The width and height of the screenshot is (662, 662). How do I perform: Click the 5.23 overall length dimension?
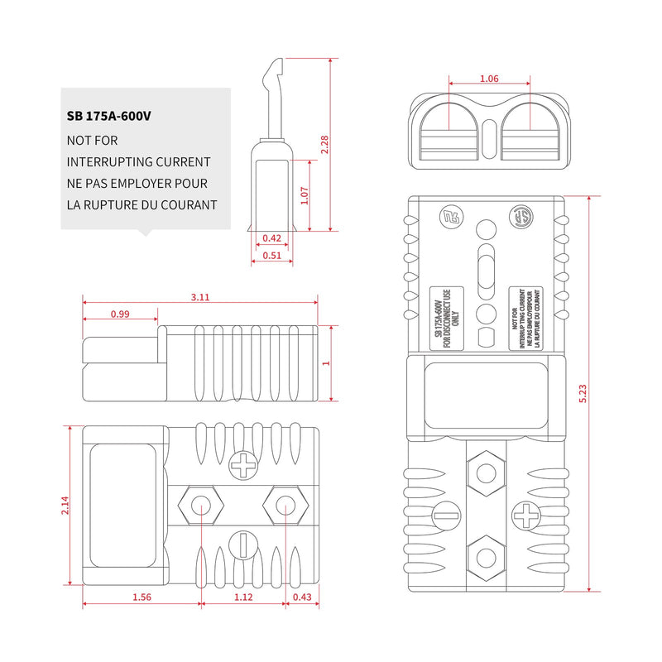[x=583, y=394]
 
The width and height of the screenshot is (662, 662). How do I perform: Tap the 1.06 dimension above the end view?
[x=489, y=79]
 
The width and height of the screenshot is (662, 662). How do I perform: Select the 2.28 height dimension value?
[x=324, y=144]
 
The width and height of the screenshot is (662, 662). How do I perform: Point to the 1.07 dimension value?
[x=305, y=195]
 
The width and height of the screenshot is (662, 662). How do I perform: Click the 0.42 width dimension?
[x=271, y=238]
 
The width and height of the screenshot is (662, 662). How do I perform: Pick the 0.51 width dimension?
[x=271, y=256]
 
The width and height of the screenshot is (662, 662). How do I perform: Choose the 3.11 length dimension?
[x=199, y=297]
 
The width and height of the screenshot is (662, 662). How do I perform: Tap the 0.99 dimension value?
[x=120, y=314]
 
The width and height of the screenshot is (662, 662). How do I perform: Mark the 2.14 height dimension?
[x=65, y=505]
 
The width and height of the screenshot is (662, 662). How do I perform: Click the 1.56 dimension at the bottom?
[x=142, y=597]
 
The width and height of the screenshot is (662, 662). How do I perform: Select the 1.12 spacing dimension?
[x=243, y=597]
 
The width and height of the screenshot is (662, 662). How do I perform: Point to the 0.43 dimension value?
[x=302, y=597]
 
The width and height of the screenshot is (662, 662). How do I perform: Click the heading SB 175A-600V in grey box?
[x=108, y=116]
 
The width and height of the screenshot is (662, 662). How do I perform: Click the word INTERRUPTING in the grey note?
[x=110, y=162]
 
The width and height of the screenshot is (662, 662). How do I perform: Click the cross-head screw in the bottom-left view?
[x=242, y=465]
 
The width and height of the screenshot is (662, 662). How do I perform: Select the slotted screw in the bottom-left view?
[x=243, y=545]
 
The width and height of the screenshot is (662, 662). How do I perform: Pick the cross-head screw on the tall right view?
[x=526, y=515]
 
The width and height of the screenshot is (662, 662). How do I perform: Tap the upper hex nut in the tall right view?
[x=486, y=473]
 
